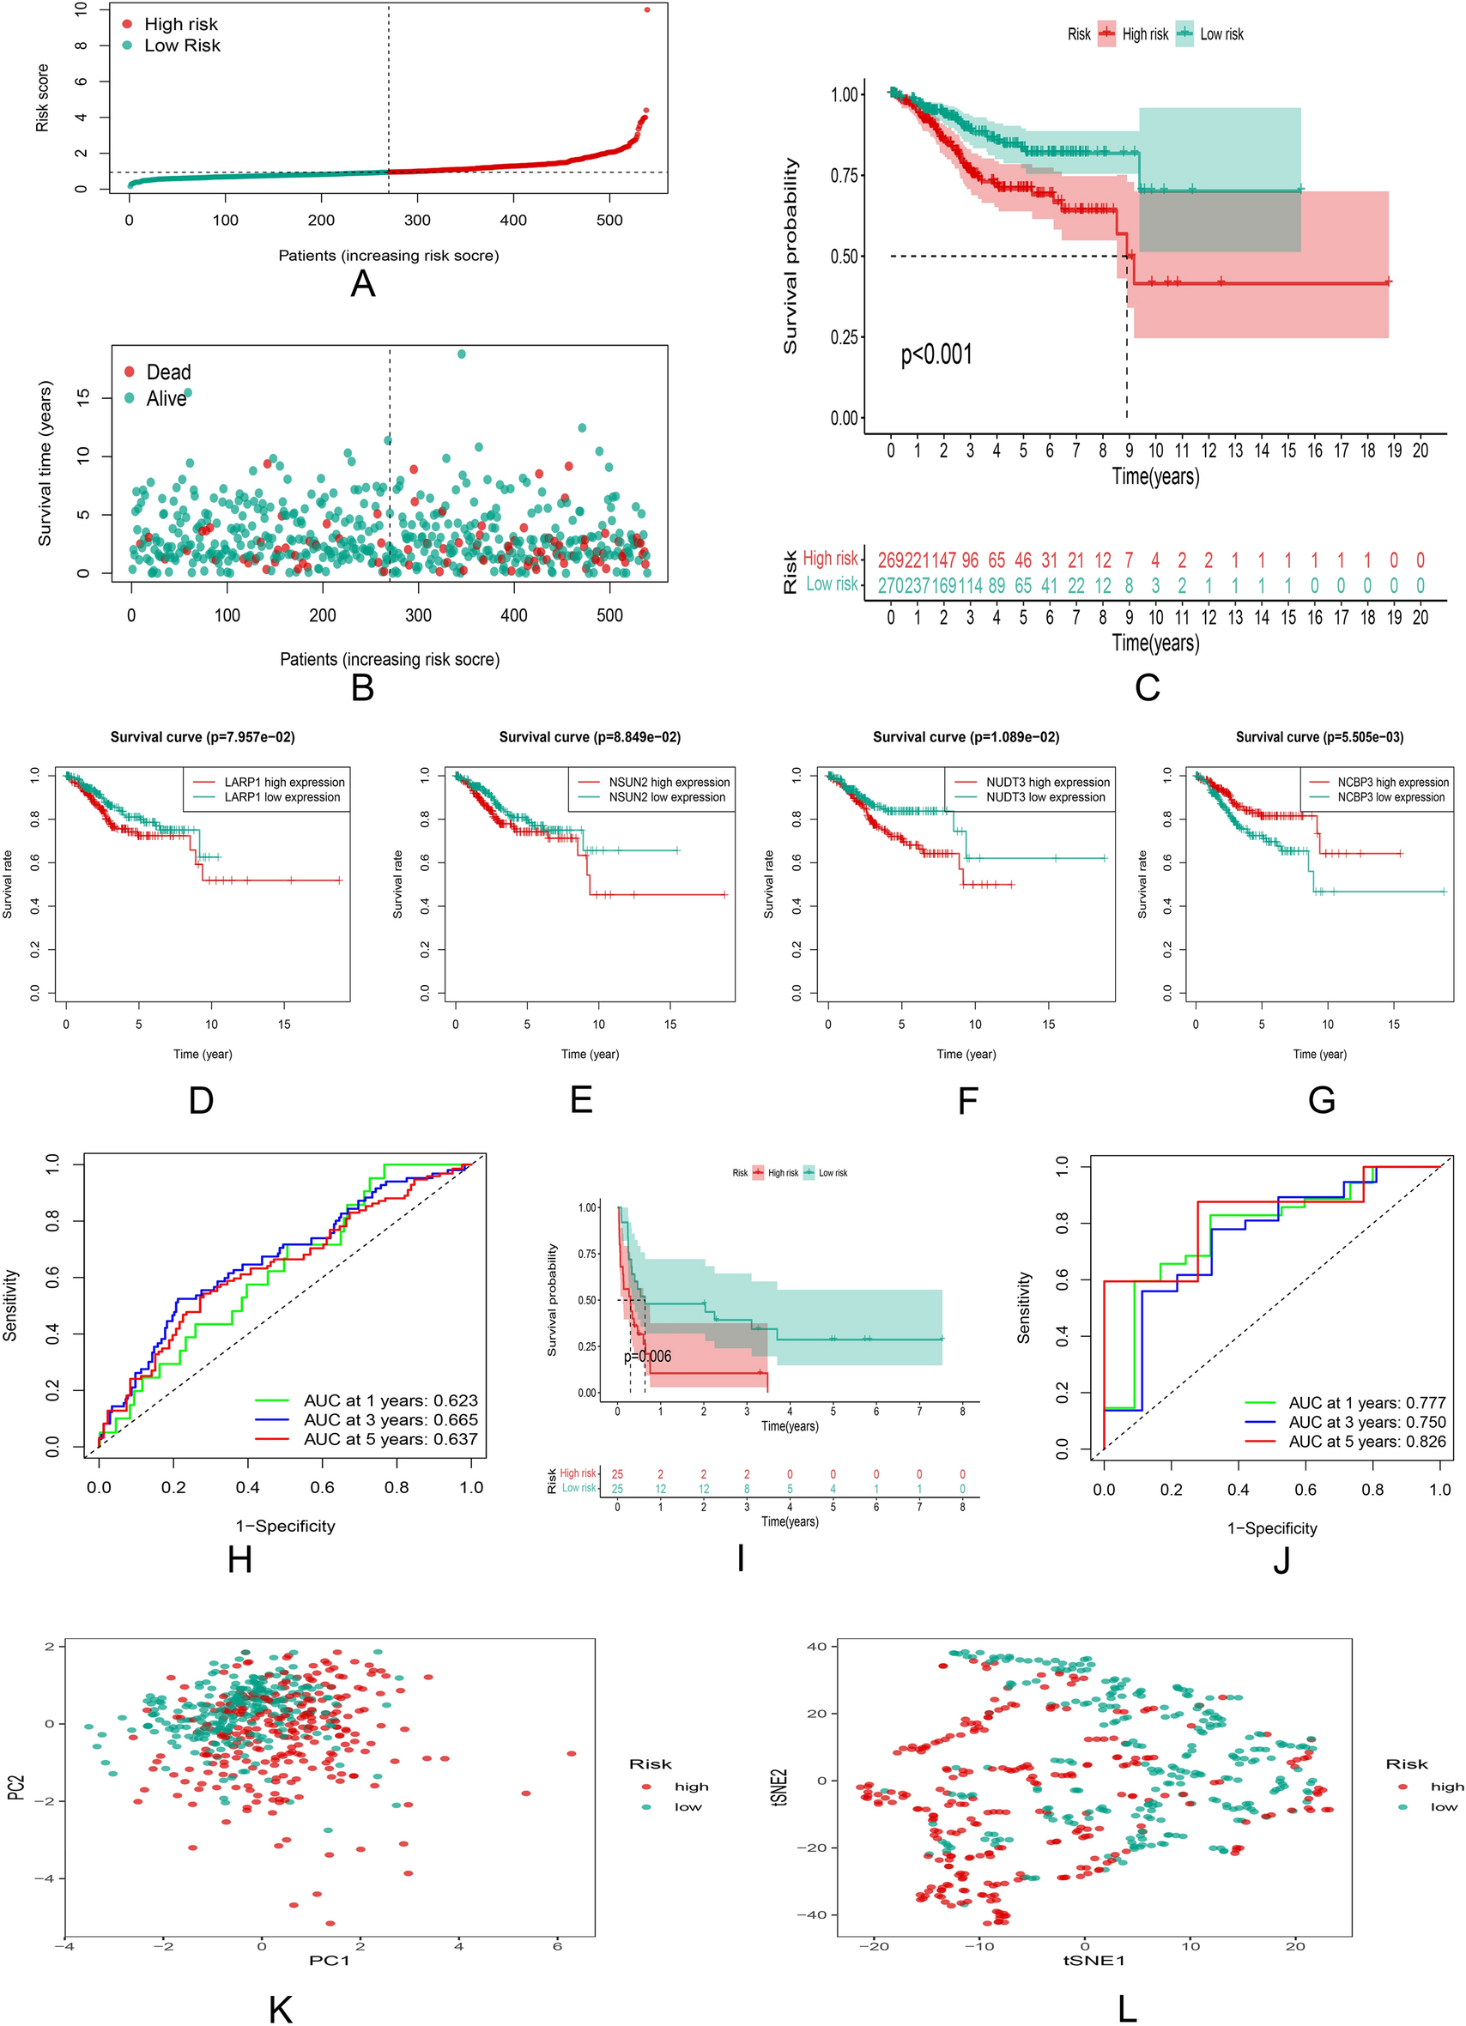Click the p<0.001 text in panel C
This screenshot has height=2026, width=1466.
(936, 354)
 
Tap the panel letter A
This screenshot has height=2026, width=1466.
(363, 284)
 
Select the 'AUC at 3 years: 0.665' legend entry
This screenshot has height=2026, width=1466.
(391, 1419)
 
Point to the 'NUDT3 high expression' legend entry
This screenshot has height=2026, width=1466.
(1047, 782)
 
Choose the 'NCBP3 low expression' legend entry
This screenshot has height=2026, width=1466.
(1390, 797)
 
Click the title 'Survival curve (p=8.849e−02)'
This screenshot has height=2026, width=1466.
(589, 737)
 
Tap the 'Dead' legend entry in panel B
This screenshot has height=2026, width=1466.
(168, 372)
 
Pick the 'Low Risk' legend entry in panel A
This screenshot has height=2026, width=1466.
(181, 45)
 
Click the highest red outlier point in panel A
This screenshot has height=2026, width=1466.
(647, 9)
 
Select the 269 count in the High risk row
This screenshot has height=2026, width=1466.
(892, 560)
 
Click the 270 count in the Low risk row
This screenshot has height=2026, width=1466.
(892, 586)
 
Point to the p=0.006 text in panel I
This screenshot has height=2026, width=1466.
(647, 1356)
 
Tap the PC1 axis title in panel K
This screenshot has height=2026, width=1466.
(329, 1960)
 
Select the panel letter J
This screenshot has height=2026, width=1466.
(1281, 1560)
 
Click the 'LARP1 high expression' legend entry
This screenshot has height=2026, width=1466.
(284, 782)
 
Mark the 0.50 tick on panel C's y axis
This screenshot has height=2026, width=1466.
(845, 257)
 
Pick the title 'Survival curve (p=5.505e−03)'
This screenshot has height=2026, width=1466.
(1318, 737)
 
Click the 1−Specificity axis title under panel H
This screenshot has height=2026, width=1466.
(285, 1526)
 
